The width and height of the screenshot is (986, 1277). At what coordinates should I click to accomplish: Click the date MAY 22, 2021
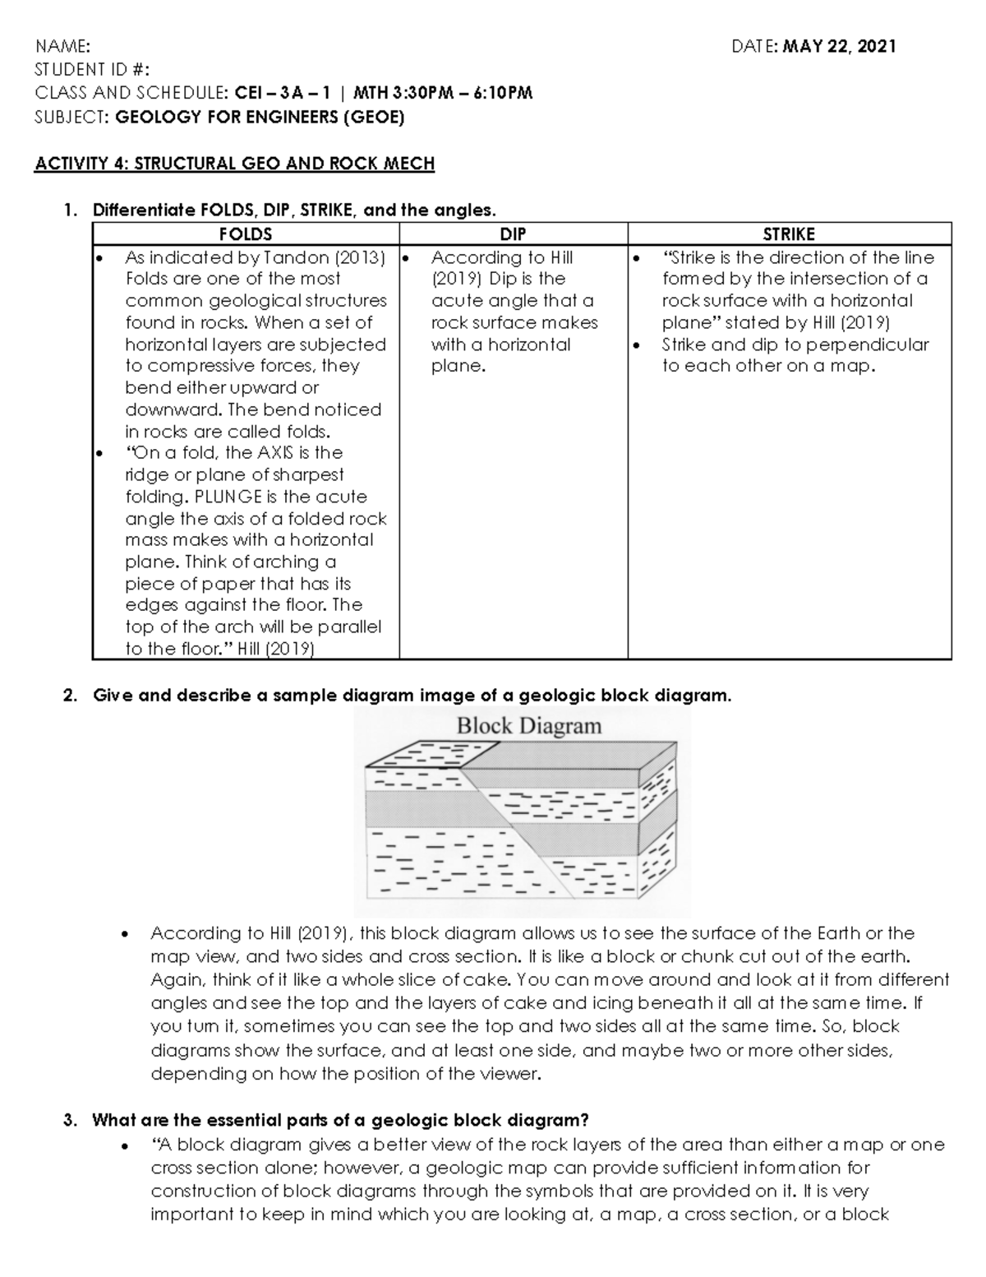839,46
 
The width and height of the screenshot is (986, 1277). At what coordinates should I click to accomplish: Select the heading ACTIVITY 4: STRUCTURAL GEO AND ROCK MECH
234,163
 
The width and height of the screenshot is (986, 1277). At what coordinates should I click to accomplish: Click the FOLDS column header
245,234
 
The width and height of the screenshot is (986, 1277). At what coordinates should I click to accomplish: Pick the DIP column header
513,234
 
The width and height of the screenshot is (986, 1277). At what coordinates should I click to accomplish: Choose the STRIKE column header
789,234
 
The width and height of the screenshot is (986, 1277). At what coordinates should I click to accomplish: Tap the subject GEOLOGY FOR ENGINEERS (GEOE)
260,117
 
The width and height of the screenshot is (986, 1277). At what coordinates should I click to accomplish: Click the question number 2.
68,696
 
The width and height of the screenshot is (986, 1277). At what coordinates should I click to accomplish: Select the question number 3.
68,1120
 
